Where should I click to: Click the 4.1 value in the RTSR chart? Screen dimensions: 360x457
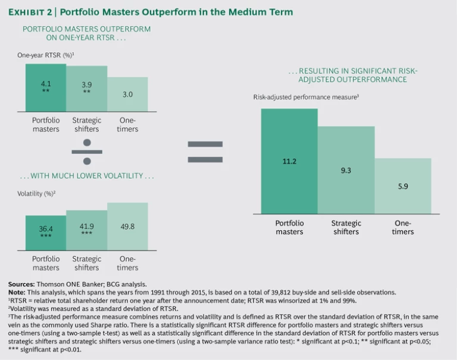pos(46,84)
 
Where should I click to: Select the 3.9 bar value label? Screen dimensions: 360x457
pos(86,85)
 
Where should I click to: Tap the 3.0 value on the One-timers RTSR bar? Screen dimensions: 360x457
pos(127,94)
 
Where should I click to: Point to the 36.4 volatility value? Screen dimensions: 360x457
pos(46,228)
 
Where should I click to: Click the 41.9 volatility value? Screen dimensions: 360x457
pos(86,226)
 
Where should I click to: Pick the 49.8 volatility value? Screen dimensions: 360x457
pos(127,226)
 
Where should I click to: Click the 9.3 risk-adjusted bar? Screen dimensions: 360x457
pos(346,170)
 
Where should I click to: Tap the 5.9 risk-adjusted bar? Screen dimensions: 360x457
pos(403,186)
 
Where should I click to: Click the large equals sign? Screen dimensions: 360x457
pos(205,151)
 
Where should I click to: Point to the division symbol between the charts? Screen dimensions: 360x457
pos(87,151)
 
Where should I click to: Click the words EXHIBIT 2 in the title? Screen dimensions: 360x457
pos(34,12)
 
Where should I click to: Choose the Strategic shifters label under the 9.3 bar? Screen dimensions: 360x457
pos(346,227)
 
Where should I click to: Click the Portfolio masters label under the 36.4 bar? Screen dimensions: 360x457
pos(46,263)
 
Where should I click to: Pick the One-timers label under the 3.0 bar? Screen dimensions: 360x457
pos(127,124)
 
